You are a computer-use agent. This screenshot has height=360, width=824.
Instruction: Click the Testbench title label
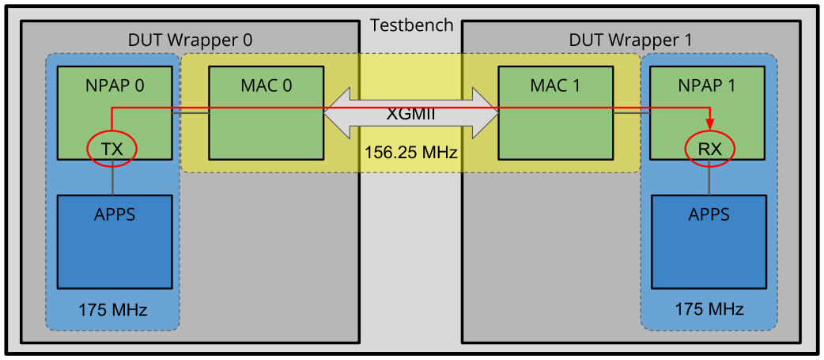point(411,25)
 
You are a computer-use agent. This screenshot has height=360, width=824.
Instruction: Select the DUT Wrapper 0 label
point(190,40)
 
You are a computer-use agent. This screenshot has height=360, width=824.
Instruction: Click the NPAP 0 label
point(114,85)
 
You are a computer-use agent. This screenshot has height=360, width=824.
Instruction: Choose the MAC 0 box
point(266,114)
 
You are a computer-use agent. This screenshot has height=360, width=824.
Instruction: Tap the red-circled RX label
point(709,148)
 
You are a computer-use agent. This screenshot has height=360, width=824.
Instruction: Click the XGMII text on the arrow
point(411,113)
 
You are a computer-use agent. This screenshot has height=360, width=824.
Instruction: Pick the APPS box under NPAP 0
point(114,241)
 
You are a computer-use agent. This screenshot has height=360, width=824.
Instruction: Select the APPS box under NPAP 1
point(709,241)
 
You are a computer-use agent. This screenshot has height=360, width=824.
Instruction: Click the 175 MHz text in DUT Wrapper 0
point(113,309)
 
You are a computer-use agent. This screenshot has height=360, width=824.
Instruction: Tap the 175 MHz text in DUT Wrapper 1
point(709,309)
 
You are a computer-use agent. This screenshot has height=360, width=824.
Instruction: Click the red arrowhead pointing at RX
point(709,123)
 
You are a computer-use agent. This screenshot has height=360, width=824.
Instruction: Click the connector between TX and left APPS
point(114,179)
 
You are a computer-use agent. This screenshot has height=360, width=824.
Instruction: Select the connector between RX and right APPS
point(709,179)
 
